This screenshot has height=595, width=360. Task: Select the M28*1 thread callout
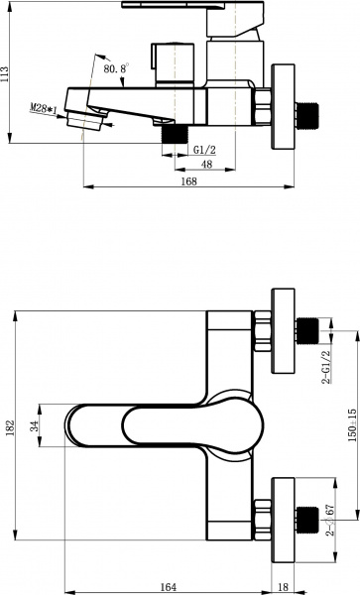(42, 106)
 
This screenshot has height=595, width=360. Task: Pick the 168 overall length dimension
(188, 180)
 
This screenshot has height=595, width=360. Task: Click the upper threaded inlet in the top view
(308, 330)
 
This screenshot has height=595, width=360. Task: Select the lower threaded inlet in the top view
(308, 516)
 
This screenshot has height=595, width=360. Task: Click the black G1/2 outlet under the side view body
(176, 130)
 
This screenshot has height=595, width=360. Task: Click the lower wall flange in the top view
(284, 516)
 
